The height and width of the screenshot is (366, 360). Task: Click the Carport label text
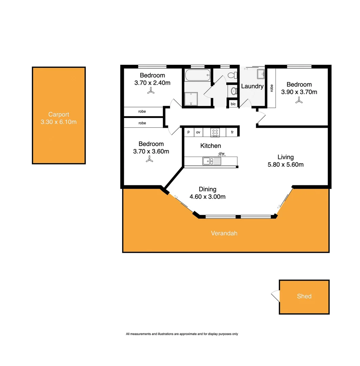coord(58,115)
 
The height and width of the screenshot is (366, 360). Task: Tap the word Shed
coord(304,296)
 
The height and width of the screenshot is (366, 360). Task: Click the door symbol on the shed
coord(275,296)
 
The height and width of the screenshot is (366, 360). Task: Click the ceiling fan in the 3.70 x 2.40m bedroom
coord(151,91)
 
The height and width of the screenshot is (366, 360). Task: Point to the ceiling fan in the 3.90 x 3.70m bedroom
coord(299,100)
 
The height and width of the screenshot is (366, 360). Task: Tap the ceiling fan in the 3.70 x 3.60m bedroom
coord(148,159)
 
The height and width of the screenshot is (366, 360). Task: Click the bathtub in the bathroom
coord(197,75)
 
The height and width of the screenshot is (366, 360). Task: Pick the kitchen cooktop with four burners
coord(215,132)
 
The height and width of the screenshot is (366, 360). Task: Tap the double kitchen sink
coord(208,161)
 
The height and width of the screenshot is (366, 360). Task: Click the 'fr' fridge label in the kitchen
coord(232,132)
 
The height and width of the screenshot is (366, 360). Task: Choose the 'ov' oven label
coord(198,132)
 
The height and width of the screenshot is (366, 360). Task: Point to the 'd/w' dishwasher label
coord(222,154)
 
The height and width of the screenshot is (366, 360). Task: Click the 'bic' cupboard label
coord(233,104)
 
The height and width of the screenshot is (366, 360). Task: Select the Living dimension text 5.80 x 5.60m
coord(286,165)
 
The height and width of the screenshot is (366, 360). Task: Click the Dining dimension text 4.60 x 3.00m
coord(208,197)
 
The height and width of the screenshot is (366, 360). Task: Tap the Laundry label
coord(252,86)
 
